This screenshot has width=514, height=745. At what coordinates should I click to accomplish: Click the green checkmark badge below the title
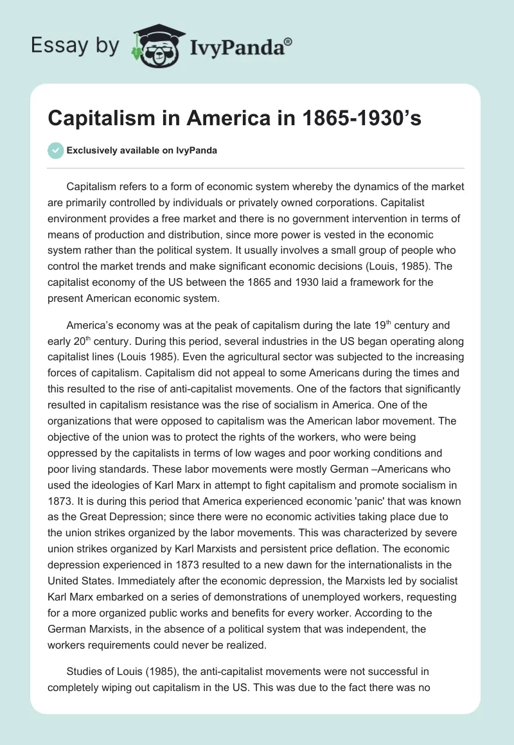point(55,150)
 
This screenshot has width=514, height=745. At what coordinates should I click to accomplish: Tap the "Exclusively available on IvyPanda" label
point(141,150)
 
